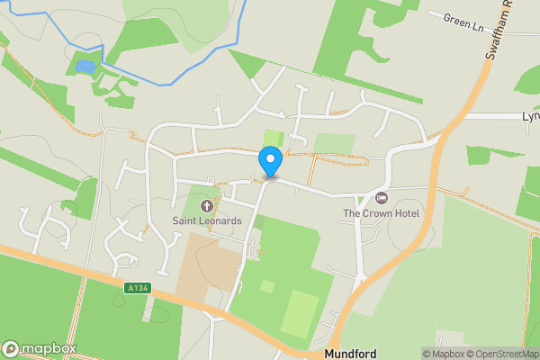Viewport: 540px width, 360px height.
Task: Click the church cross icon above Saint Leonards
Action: [207, 206]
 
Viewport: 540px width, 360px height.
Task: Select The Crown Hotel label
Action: [381, 213]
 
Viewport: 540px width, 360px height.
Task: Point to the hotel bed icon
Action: [381, 198]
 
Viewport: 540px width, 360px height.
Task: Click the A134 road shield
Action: [137, 288]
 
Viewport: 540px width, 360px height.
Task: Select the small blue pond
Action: [85, 67]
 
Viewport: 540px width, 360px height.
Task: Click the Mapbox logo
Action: [39, 348]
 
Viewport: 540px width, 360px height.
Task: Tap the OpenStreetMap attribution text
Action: [504, 354]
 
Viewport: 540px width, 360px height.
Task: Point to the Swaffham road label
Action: [499, 31]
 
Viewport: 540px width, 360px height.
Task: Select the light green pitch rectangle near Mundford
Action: [299, 313]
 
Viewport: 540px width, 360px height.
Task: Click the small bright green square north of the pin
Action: [273, 139]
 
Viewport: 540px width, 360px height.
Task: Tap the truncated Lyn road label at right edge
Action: [531, 117]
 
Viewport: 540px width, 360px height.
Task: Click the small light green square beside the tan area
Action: [267, 286]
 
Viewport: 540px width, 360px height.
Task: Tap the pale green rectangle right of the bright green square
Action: [334, 142]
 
